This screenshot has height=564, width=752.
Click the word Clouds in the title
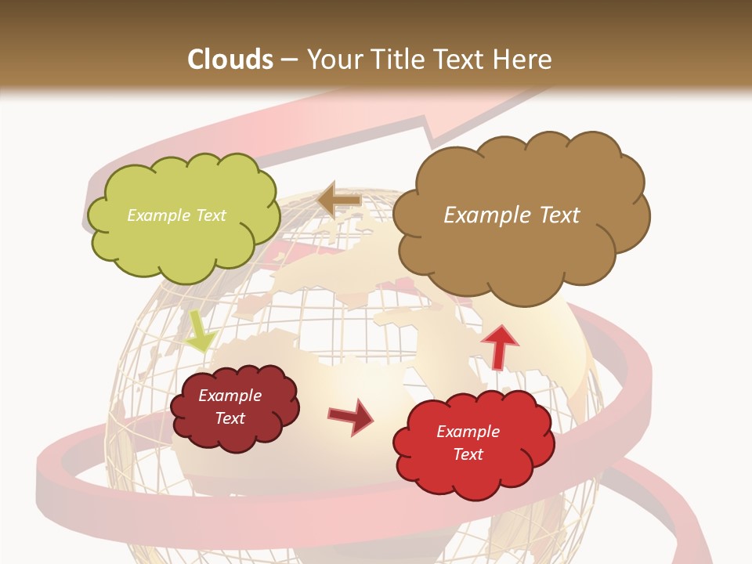(231, 59)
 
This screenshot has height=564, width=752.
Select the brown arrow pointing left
(339, 201)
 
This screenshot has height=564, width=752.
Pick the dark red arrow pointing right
(350, 416)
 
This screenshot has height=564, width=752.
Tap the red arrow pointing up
(499, 345)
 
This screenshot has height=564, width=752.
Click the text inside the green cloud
(176, 215)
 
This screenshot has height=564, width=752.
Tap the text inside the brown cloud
(512, 215)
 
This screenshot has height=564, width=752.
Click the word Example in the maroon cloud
(230, 396)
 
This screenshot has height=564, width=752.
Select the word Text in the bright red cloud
(468, 454)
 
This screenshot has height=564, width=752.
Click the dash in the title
(287, 59)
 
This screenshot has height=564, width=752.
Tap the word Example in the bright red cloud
(468, 432)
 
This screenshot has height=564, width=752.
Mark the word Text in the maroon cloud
(230, 418)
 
